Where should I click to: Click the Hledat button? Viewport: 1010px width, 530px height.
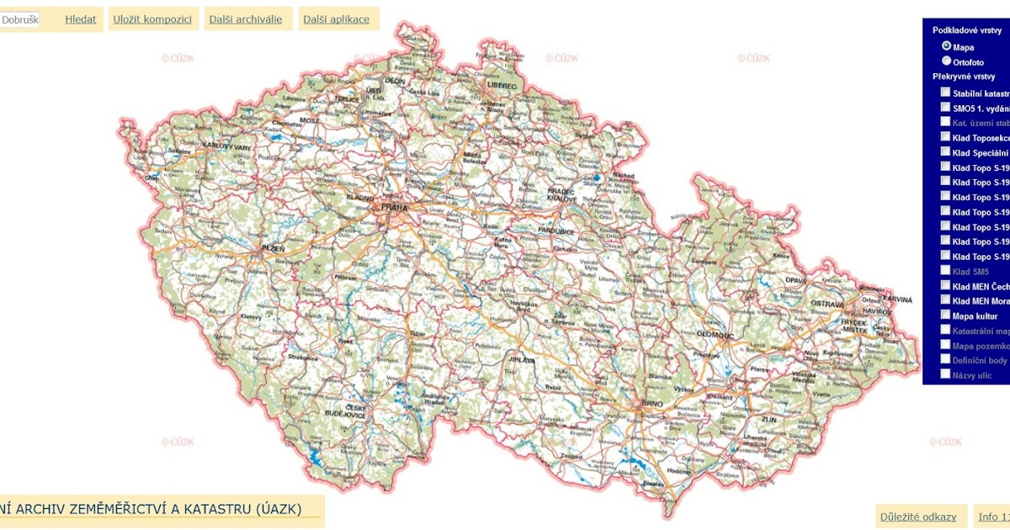click(x=81, y=19)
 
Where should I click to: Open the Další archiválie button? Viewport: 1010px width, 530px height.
click(x=247, y=19)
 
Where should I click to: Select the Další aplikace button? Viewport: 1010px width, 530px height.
click(x=337, y=19)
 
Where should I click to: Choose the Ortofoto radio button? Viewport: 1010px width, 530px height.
click(x=947, y=61)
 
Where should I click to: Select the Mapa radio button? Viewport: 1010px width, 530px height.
click(x=947, y=46)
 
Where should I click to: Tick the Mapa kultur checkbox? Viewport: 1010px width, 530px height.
click(x=945, y=315)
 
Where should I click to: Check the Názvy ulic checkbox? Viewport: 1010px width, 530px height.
click(x=945, y=374)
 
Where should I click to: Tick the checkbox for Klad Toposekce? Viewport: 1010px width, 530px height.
click(x=945, y=137)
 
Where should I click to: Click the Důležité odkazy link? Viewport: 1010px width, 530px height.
click(x=918, y=517)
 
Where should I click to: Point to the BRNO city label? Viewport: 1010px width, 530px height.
click(x=652, y=405)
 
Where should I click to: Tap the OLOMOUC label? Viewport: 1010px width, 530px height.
click(x=715, y=335)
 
